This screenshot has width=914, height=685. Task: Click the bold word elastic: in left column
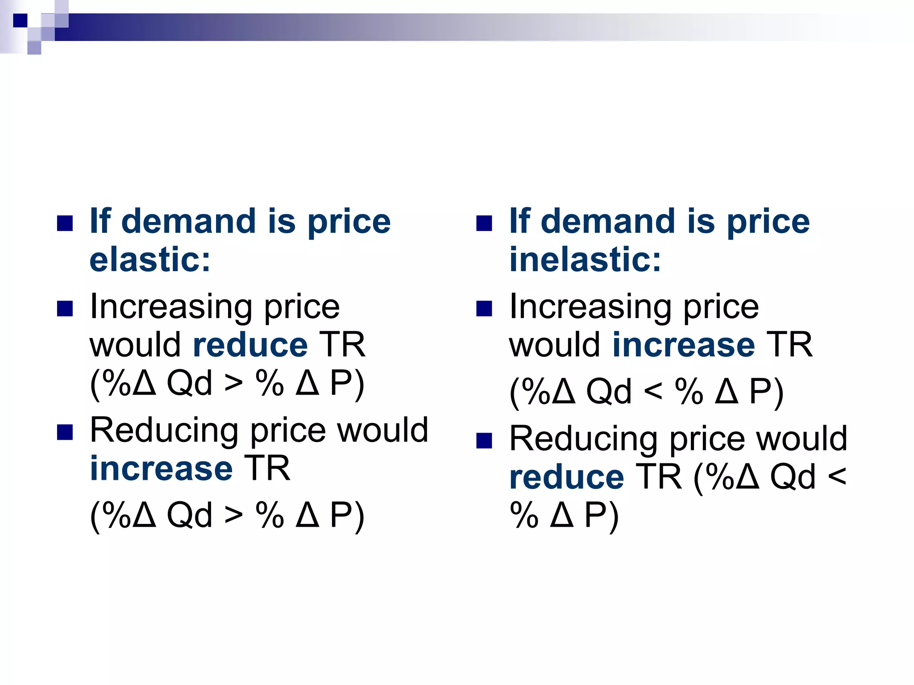coord(150,260)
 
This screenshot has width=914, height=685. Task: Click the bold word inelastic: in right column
coord(585,260)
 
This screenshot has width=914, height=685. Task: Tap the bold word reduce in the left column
coord(250,345)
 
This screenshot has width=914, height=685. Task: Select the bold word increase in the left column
coord(161,469)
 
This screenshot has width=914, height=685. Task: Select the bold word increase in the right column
coord(684,345)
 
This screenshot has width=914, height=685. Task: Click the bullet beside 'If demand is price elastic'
coord(65,223)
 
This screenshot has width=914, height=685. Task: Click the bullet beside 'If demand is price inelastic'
coord(484,223)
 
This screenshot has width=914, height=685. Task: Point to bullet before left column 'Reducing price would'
coord(65,432)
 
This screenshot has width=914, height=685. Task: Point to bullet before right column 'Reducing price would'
coord(484,441)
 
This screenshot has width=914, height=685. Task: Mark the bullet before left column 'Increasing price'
coord(65,309)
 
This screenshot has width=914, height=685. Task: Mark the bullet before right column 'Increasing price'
coord(484,309)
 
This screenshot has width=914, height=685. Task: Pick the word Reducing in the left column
coord(164,431)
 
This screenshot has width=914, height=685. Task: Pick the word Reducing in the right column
coord(583,440)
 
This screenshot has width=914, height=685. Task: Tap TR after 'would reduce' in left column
coord(342,345)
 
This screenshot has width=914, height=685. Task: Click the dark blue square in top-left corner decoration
coord(20,21)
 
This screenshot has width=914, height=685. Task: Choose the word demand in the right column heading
coord(608,222)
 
